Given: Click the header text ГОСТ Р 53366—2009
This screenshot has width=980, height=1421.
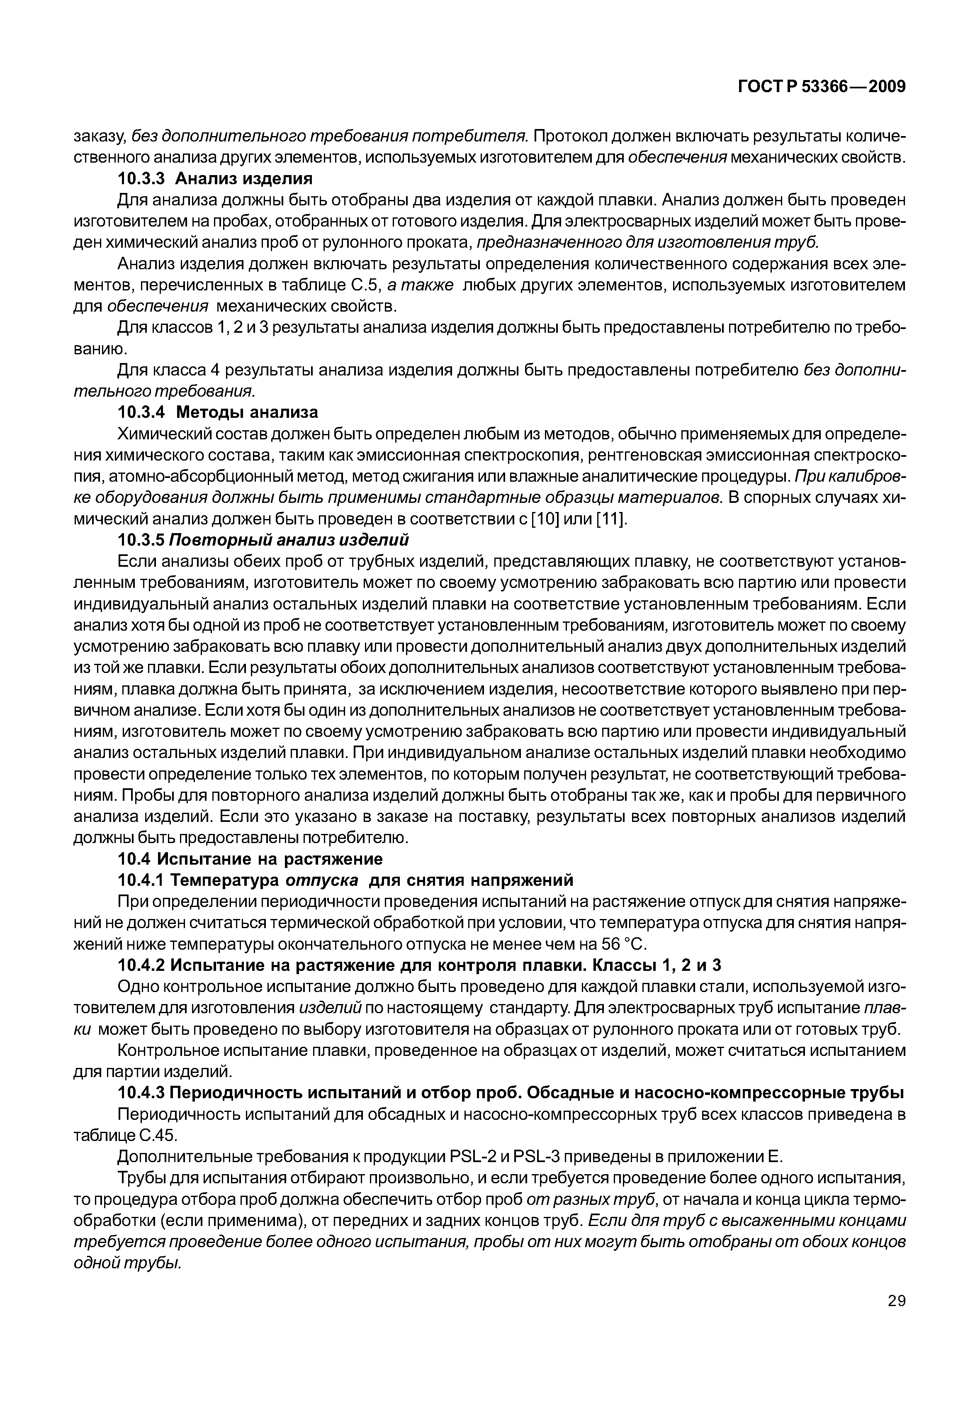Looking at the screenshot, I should click(x=821, y=87).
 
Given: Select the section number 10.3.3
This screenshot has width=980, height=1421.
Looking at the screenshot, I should click(x=143, y=179).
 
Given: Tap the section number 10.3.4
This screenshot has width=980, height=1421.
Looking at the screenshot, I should click(x=143, y=412).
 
